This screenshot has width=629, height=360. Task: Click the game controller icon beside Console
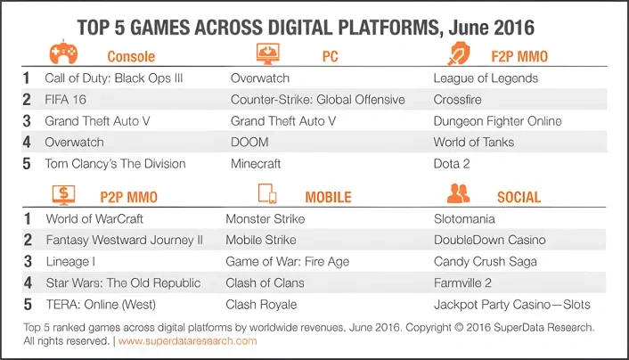63,53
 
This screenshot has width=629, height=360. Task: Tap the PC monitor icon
267,53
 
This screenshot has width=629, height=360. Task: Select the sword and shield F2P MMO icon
459,53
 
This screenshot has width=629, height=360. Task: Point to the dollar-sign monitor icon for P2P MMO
63,195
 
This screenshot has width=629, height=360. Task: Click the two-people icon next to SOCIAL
458,193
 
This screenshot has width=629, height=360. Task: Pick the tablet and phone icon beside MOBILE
267,194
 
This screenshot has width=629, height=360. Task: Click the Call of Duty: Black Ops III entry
113,78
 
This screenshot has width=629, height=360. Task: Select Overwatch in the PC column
260,78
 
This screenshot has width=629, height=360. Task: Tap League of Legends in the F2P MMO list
486,78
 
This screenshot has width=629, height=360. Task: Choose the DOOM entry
249,142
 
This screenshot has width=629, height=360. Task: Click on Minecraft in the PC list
256,164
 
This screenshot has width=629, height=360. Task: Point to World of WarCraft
94,218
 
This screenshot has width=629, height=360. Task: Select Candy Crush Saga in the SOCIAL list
485,262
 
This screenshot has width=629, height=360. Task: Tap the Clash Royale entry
261,305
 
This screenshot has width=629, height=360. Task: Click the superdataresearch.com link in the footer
187,341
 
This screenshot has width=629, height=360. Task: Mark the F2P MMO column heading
519,57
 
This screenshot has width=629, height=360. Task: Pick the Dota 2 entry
452,164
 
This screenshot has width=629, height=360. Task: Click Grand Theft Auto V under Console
97,121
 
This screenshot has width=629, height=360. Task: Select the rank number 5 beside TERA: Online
28,304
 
